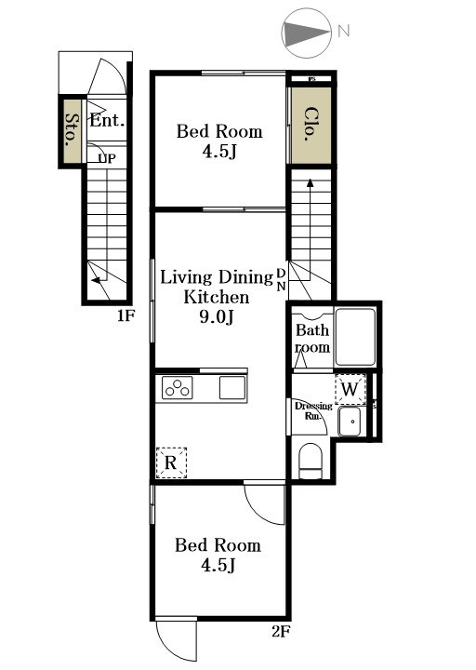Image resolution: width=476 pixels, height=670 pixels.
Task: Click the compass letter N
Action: click(x=344, y=31)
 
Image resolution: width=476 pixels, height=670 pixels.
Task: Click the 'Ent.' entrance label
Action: click(x=107, y=120)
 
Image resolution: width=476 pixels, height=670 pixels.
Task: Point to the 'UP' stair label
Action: click(x=107, y=158)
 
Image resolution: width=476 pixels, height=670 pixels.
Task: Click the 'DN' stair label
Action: click(x=281, y=279)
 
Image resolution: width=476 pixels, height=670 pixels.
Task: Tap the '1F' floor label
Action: click(x=126, y=315)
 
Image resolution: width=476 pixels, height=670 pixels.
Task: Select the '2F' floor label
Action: click(x=281, y=631)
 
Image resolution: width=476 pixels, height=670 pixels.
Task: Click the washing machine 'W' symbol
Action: click(x=350, y=389)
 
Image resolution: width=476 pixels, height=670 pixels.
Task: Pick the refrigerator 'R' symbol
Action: click(x=171, y=462)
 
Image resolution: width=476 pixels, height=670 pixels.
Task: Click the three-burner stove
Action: click(x=178, y=388)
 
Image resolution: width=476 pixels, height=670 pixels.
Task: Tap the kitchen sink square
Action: click(x=232, y=387)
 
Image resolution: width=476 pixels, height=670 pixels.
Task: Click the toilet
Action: click(x=311, y=462)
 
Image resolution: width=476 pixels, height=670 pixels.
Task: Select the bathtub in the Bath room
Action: click(x=355, y=337)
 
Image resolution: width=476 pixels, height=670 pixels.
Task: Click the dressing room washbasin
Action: click(x=350, y=422)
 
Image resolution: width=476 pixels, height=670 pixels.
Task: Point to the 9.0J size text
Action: click(x=217, y=317)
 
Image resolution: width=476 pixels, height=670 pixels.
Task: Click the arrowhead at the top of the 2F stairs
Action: click(x=310, y=183)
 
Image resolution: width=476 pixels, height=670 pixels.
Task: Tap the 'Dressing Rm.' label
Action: click(x=314, y=410)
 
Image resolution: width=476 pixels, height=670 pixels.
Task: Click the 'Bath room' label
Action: click(x=312, y=339)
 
